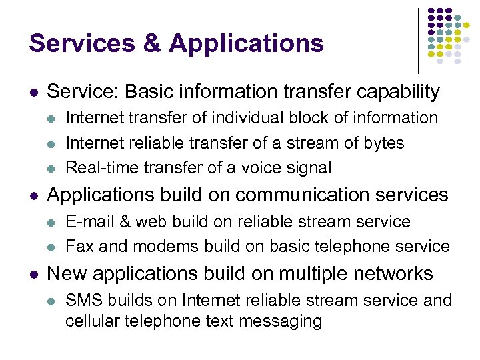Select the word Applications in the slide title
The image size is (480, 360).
247,43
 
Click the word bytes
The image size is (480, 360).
382,143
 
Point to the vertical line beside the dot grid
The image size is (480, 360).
418,40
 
